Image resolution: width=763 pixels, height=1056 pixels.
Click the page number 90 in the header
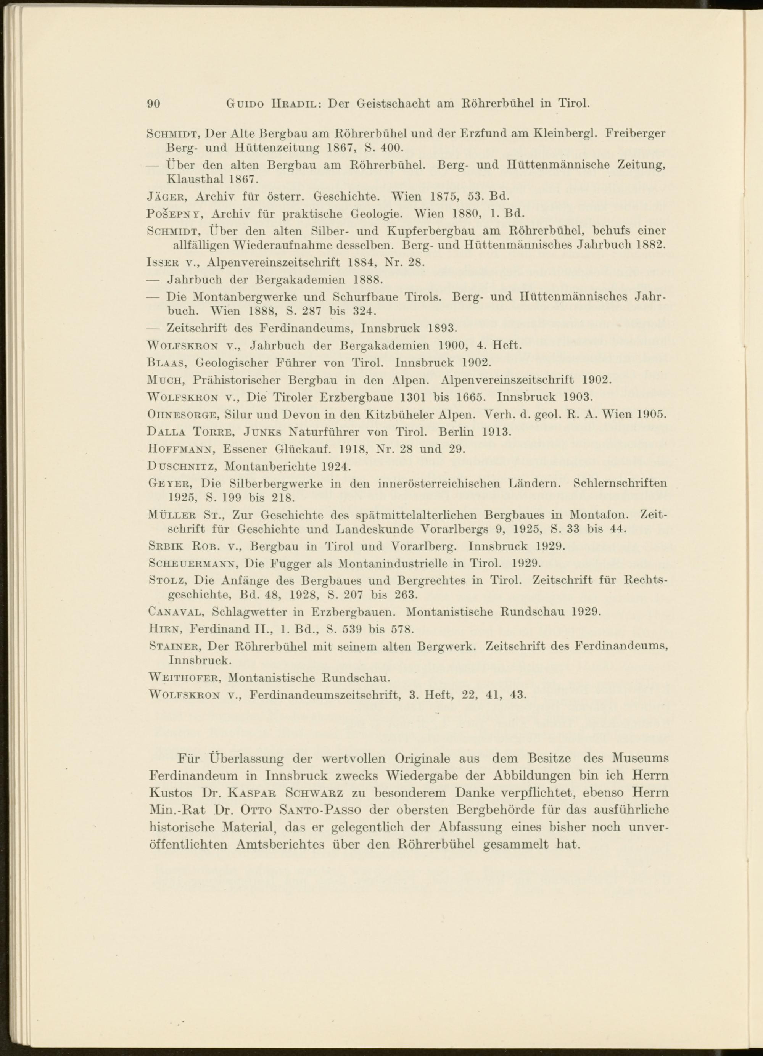pyautogui.click(x=154, y=103)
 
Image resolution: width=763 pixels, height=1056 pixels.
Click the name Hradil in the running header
pyautogui.click(x=293, y=103)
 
